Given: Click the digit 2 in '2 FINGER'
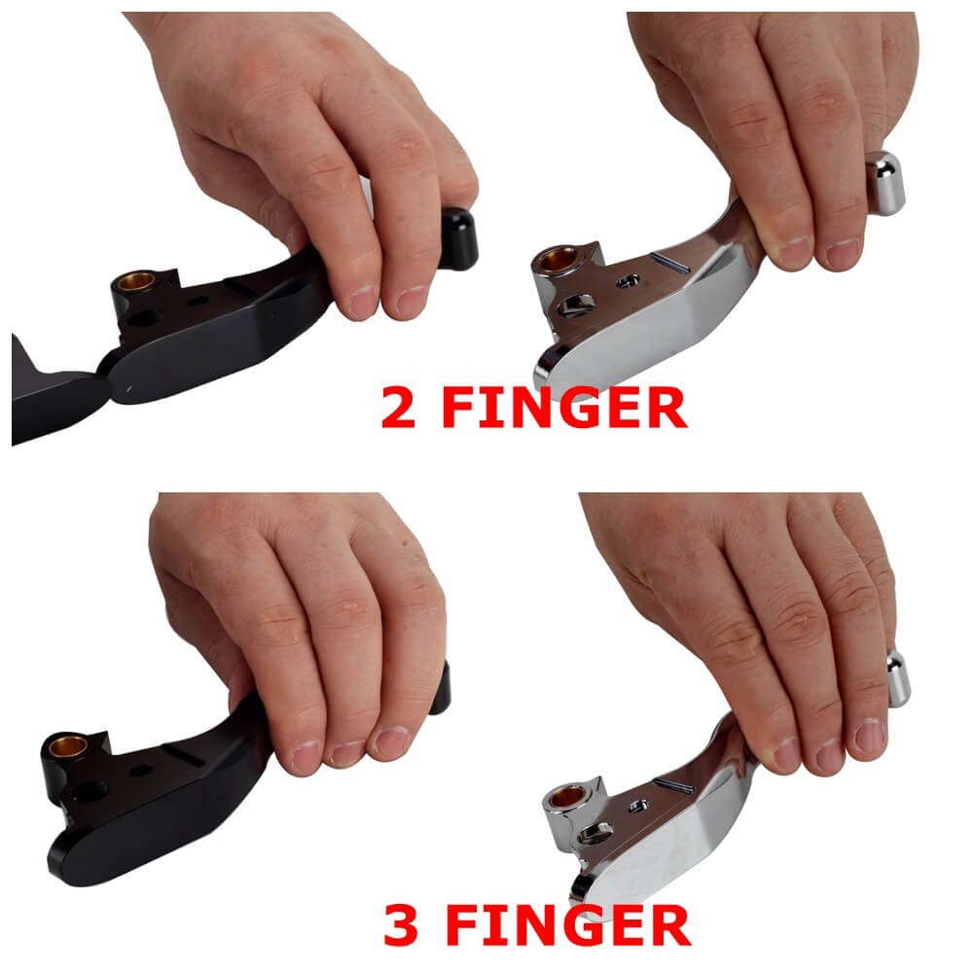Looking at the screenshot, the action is (x=398, y=407).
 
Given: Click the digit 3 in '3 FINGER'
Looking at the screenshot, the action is (x=401, y=924).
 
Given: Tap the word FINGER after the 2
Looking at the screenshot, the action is (x=564, y=407).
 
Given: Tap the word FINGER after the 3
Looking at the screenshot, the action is (x=568, y=924).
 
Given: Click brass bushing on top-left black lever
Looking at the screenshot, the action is (x=136, y=281).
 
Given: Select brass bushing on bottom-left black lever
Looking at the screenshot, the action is (x=68, y=746).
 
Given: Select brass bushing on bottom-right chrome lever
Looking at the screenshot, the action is (x=567, y=796).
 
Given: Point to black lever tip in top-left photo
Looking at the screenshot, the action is (x=459, y=239).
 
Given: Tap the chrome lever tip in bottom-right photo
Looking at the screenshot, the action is (x=898, y=679).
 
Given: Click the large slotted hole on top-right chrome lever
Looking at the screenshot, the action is (x=576, y=306).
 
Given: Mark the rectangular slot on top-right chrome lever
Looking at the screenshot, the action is (x=669, y=263).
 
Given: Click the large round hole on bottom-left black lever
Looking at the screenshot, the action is (x=90, y=791).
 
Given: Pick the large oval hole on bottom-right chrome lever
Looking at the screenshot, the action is (x=595, y=834).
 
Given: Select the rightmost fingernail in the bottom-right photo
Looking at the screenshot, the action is (x=869, y=737).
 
